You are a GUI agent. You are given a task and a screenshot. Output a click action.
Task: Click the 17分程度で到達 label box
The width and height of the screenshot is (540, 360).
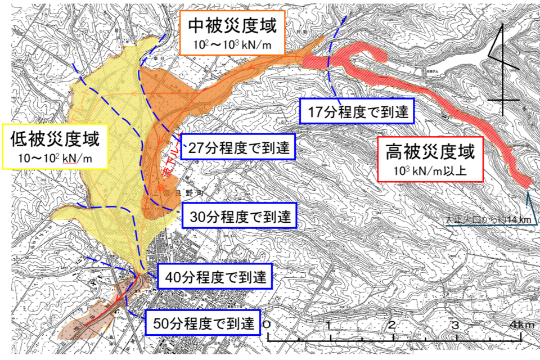click(357, 111)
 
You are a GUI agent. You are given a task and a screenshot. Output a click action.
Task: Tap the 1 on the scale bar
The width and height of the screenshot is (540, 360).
click(328, 326)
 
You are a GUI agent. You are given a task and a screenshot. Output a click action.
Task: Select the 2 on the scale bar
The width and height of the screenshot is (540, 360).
click(392, 326)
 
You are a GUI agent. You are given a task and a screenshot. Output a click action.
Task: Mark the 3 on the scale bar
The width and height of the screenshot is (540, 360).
click(456, 326)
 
